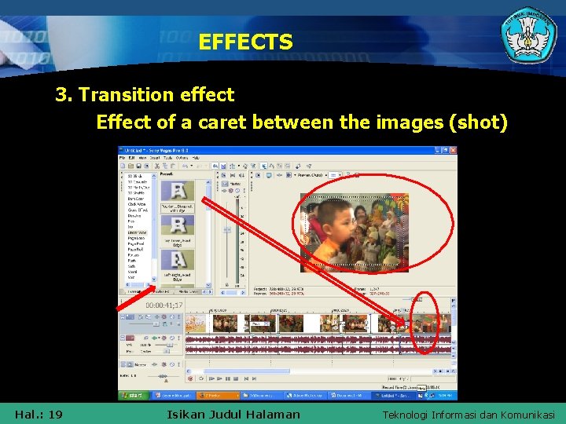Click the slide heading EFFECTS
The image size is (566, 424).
click(x=245, y=42)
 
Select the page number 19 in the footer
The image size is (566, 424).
click(x=55, y=414)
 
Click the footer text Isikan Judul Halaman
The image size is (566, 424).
click(x=233, y=414)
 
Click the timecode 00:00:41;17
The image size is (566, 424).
click(x=164, y=305)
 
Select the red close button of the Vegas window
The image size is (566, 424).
click(x=453, y=150)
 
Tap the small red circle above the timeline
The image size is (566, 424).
click(x=422, y=298)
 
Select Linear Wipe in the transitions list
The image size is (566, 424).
click(x=137, y=233)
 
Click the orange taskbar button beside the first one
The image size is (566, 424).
click(x=215, y=395)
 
